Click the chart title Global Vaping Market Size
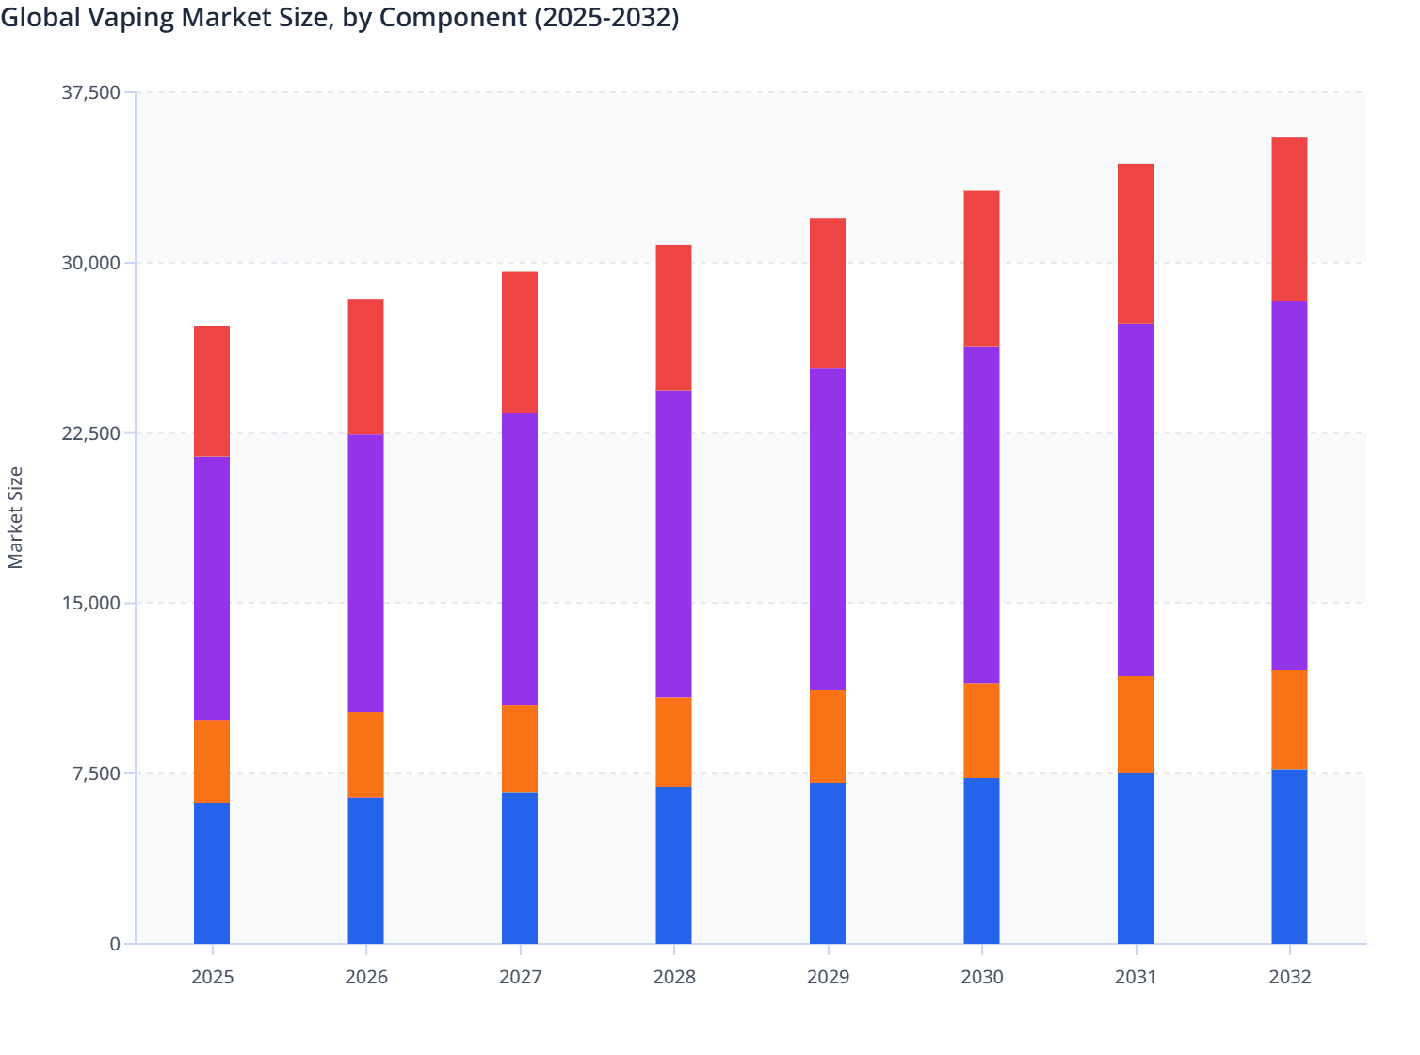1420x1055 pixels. [339, 17]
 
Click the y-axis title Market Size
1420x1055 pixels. [15, 517]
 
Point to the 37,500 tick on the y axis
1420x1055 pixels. [91, 92]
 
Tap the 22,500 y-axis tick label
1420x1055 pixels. [91, 433]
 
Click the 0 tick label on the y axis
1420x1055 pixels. [115, 944]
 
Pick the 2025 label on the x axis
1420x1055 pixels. [212, 977]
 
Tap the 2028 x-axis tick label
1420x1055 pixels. [674, 977]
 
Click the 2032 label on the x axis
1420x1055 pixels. [1289, 977]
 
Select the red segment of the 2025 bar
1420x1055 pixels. [212, 391]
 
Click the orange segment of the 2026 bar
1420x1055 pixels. [365, 755]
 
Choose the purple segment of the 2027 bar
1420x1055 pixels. [520, 558]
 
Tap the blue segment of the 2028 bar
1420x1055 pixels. [673, 865]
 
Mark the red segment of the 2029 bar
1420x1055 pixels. [828, 293]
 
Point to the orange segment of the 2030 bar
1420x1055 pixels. [981, 730]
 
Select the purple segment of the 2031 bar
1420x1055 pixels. [1136, 499]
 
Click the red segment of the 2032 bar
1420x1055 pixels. [1289, 219]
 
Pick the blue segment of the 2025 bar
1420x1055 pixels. [212, 872]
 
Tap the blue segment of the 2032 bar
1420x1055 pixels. [1289, 856]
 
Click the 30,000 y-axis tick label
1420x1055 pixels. [91, 263]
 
